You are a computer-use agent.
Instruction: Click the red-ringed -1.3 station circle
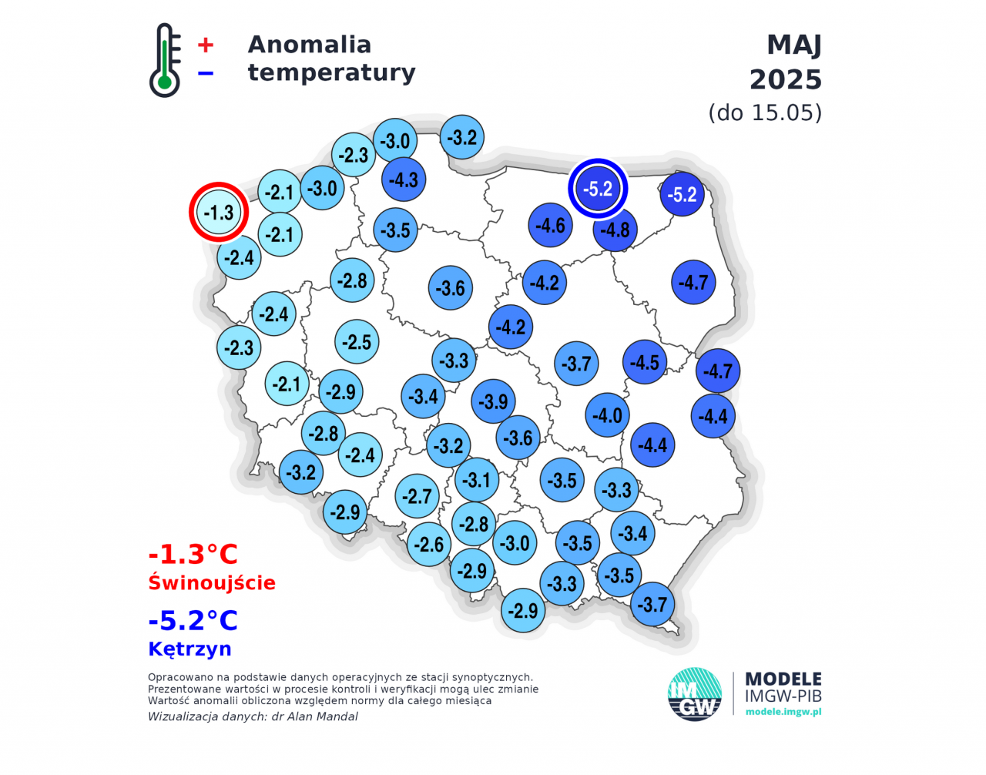point(219,213)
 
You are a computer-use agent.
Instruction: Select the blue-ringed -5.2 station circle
point(598,189)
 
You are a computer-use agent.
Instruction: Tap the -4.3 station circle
point(404,179)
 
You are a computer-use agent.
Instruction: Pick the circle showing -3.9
point(493,401)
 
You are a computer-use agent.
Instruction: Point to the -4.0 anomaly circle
point(607,415)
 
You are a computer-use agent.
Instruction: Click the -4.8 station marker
point(615,230)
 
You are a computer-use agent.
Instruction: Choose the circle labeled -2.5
point(357,342)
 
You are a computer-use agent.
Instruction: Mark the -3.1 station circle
point(477,480)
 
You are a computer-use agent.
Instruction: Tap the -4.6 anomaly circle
point(551,225)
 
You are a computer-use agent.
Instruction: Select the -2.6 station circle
point(429,544)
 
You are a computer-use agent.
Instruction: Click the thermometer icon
point(164,61)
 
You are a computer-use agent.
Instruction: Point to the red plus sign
point(205,45)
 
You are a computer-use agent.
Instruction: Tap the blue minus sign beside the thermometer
point(205,73)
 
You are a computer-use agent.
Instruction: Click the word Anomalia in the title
point(309,45)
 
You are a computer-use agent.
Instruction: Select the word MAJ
point(793,45)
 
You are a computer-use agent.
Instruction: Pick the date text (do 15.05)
point(765,112)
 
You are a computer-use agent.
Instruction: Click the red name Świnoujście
point(212,582)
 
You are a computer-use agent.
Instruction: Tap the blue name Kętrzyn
point(189,649)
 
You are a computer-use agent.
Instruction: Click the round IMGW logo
point(694,694)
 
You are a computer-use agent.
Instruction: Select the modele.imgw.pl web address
point(783,712)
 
